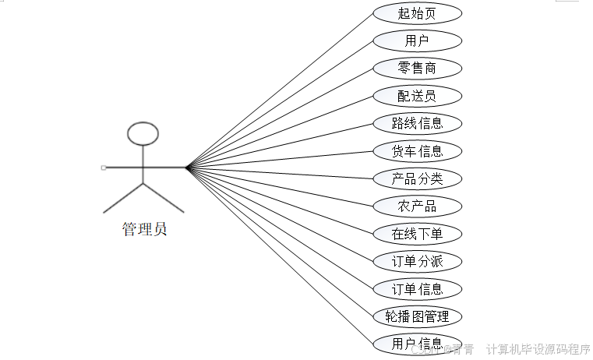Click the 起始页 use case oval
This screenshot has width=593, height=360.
417,13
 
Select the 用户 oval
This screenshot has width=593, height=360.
417,41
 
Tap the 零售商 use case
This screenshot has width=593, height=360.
417,68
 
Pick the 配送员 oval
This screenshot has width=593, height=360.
417,96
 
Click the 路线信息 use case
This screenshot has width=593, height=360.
417,123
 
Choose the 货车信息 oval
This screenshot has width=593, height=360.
417,150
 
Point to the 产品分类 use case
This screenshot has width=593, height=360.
417,178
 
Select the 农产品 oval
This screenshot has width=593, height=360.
417,206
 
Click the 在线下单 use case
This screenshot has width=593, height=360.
417,234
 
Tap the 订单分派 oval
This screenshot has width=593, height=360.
417,261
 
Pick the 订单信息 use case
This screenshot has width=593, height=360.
417,289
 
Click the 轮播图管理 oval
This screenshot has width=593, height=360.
417,316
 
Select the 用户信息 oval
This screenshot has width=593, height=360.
417,344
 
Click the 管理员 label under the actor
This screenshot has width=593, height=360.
144,230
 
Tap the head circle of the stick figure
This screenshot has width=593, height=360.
143,133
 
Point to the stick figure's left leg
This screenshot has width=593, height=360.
124,198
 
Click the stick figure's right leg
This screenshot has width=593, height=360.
164,198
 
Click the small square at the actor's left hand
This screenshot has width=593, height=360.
104,168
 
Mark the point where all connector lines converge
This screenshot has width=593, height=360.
187,167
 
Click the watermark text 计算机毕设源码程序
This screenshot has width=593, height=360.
538,349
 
